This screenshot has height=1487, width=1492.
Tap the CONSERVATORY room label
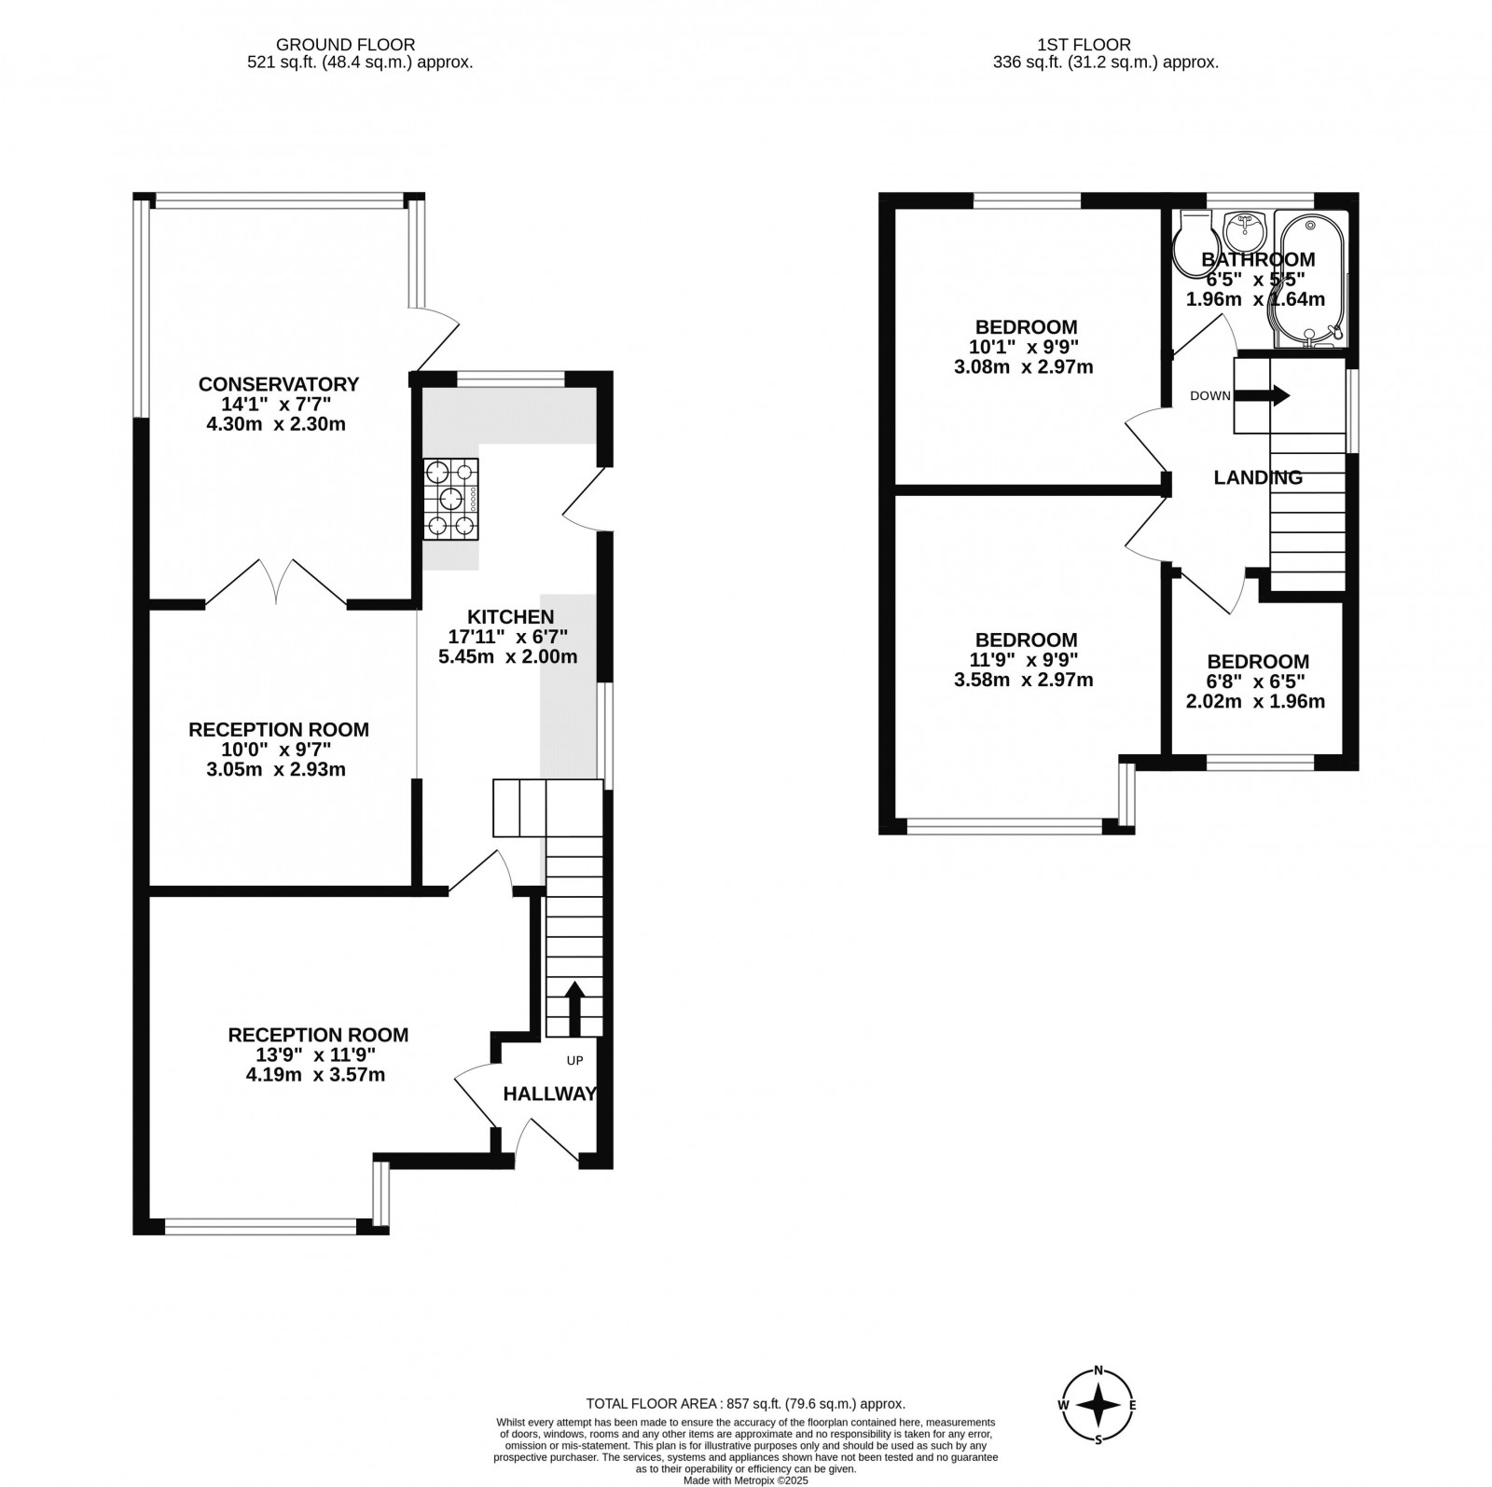click(279, 384)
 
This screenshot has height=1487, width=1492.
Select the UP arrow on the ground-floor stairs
click(574, 1008)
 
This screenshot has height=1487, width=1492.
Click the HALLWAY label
click(549, 1095)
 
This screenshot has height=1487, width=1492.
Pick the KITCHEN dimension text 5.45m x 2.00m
click(508, 656)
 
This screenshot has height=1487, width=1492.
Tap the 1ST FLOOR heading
click(1084, 44)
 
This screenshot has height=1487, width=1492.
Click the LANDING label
click(1258, 478)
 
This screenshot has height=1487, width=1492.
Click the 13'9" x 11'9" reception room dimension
click(318, 1055)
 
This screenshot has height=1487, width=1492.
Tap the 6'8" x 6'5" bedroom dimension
click(1256, 682)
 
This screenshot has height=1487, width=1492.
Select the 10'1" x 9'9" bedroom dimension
click(1027, 347)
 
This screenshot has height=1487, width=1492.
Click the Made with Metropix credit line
click(746, 1480)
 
